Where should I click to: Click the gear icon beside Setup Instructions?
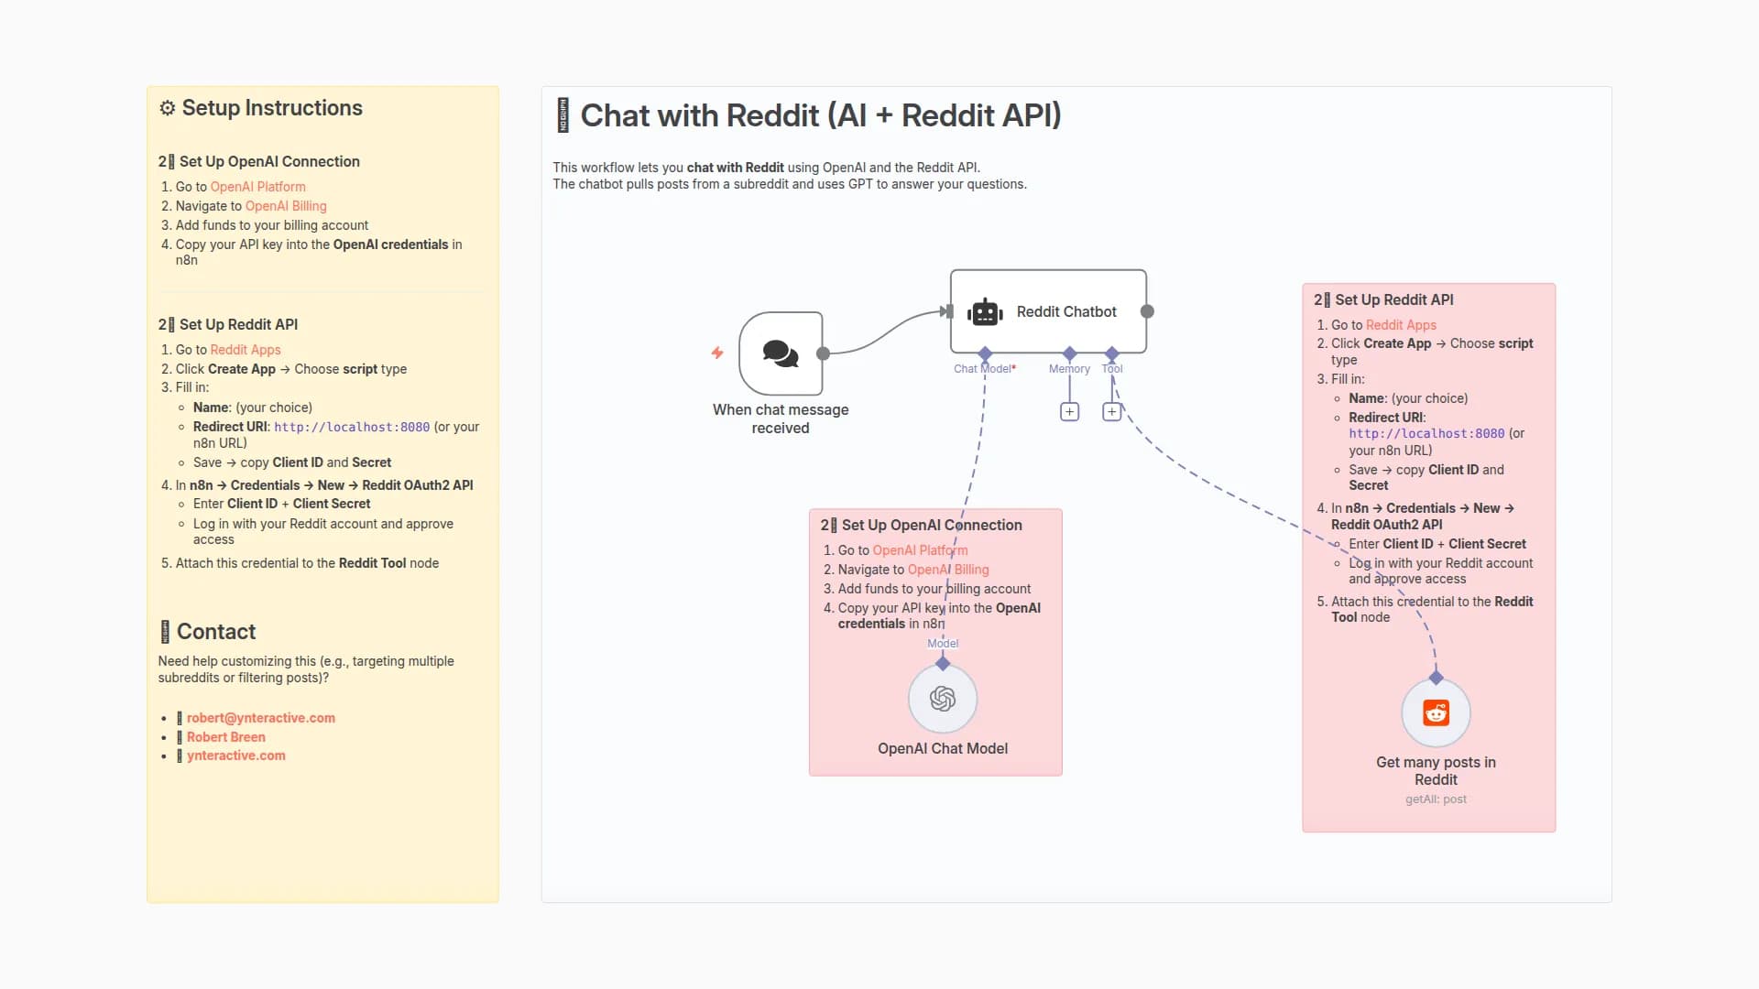click(x=167, y=108)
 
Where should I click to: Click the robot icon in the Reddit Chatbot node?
click(x=985, y=312)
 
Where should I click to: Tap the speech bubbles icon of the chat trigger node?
click(x=781, y=353)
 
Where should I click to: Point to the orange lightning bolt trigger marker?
click(x=717, y=353)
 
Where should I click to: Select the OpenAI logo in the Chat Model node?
click(x=943, y=699)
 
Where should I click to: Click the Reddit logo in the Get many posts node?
click(x=1436, y=712)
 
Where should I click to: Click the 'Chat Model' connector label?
click(x=982, y=369)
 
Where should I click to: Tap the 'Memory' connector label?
click(x=1069, y=369)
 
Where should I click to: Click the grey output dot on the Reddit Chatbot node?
click(x=1147, y=311)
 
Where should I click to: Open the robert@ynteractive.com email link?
click(x=260, y=718)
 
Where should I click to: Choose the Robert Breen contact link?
click(x=225, y=737)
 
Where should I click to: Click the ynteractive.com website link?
click(x=235, y=755)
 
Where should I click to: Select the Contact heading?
click(x=215, y=632)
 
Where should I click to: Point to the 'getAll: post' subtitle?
click(x=1436, y=799)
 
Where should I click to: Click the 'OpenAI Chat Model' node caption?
click(x=942, y=748)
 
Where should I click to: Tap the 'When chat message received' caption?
click(x=781, y=418)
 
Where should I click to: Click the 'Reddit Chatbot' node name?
click(x=1066, y=312)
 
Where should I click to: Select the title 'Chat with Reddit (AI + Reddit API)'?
click(x=820, y=116)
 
